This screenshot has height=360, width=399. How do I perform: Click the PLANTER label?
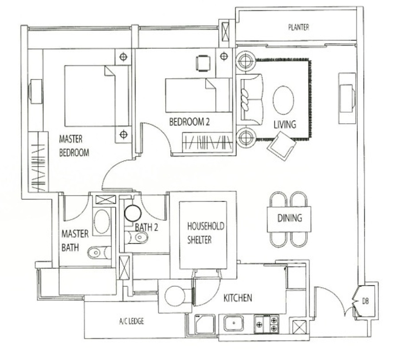tap(298, 27)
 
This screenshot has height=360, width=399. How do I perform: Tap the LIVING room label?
tap(285, 125)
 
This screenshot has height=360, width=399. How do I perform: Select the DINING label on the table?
tap(289, 218)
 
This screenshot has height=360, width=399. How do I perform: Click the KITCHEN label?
tap(238, 298)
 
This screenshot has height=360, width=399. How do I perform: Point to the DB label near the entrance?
tap(365, 301)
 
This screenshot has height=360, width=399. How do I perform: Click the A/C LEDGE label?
tap(131, 321)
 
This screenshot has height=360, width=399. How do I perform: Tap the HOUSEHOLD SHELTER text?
tap(206, 233)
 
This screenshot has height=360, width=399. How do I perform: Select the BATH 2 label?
tap(146, 227)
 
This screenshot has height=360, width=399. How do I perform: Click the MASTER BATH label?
tap(75, 240)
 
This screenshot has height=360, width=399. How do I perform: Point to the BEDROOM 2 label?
tap(189, 122)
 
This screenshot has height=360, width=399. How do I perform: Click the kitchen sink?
tap(234, 323)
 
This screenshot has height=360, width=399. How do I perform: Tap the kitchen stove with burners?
tap(266, 324)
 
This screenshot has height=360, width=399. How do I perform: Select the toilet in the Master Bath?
tap(99, 252)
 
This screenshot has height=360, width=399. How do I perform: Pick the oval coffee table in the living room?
tap(283, 100)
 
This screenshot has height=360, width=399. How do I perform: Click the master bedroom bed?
tap(97, 96)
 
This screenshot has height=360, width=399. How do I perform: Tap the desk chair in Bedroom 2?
tap(203, 63)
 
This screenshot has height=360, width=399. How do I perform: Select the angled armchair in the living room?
tap(282, 146)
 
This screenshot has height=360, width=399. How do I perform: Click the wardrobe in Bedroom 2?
tap(207, 142)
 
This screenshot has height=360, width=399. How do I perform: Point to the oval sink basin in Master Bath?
tap(102, 221)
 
